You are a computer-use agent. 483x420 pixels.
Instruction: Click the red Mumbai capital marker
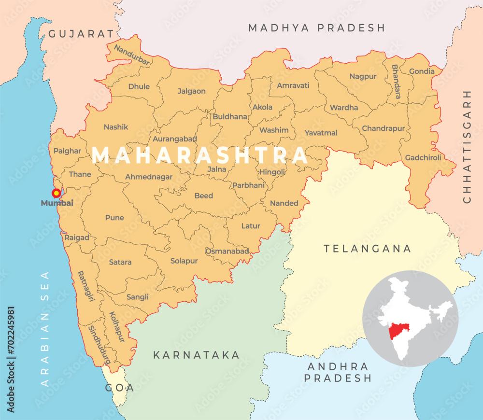pos(56,193)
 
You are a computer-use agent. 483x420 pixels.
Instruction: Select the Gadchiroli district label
pos(423,157)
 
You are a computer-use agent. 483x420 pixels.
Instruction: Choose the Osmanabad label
pos(227,251)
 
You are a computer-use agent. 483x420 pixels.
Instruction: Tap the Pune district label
pos(114,218)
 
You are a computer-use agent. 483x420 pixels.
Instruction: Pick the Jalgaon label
pos(191,91)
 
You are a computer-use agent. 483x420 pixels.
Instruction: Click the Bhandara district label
pos(396,82)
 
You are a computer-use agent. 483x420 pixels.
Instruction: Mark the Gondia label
pos(422,71)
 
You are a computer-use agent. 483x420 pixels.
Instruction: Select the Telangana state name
pos(368,249)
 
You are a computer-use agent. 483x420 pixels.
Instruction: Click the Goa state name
pos(120,388)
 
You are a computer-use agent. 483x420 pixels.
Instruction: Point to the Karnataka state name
pos(196,355)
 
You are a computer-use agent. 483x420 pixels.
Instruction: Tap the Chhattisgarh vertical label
pos(467,146)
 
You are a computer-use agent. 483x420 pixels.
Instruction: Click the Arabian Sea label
pos(45,328)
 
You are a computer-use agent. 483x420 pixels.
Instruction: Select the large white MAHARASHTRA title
pos(199,155)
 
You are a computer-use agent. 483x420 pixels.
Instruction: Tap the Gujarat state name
pos(84,34)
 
